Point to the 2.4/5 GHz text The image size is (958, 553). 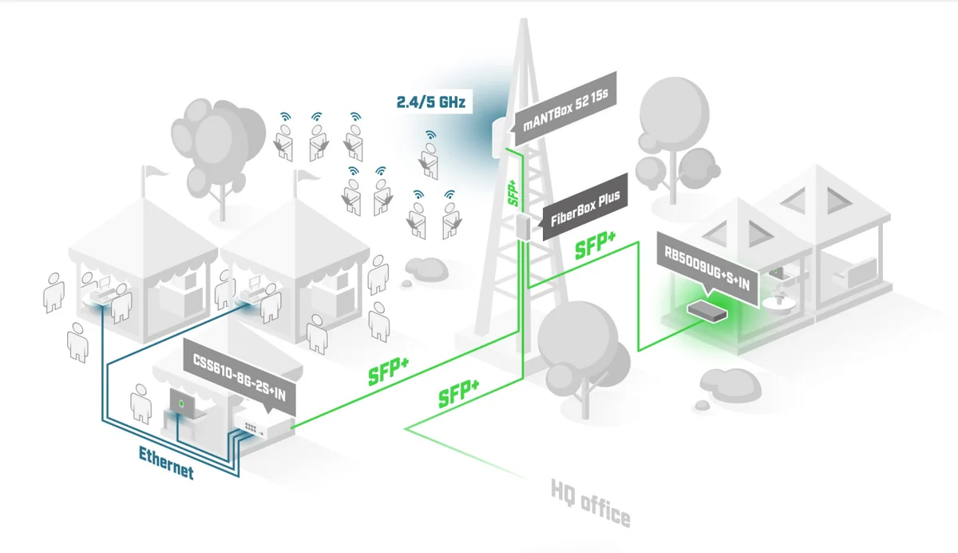click(430, 102)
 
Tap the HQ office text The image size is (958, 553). click(591, 503)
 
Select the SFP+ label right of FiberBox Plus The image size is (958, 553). click(596, 246)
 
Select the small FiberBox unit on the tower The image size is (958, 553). click(524, 226)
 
